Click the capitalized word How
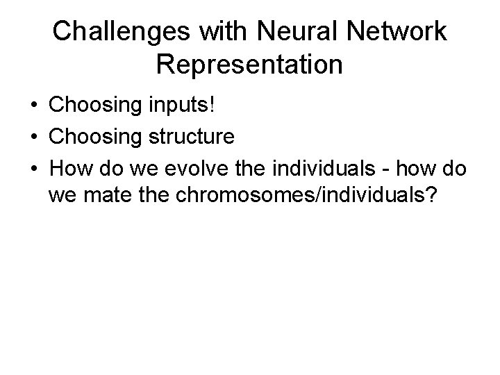(67, 167)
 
